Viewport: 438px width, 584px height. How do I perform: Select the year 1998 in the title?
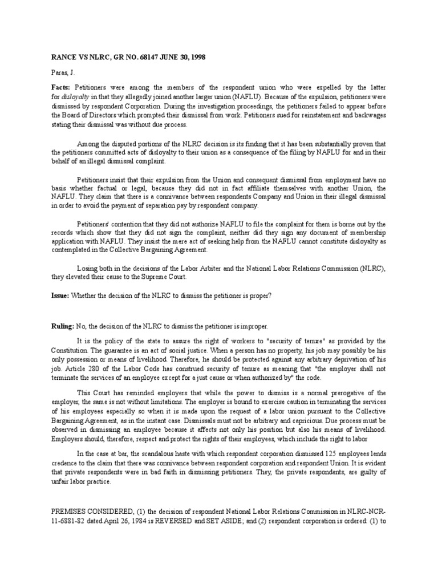point(196,58)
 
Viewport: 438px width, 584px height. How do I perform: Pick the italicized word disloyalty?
point(77,98)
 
